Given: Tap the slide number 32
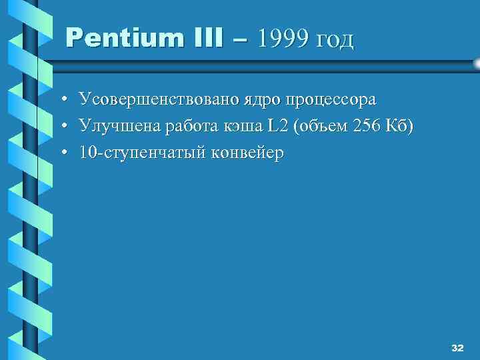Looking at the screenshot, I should point(457,348).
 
